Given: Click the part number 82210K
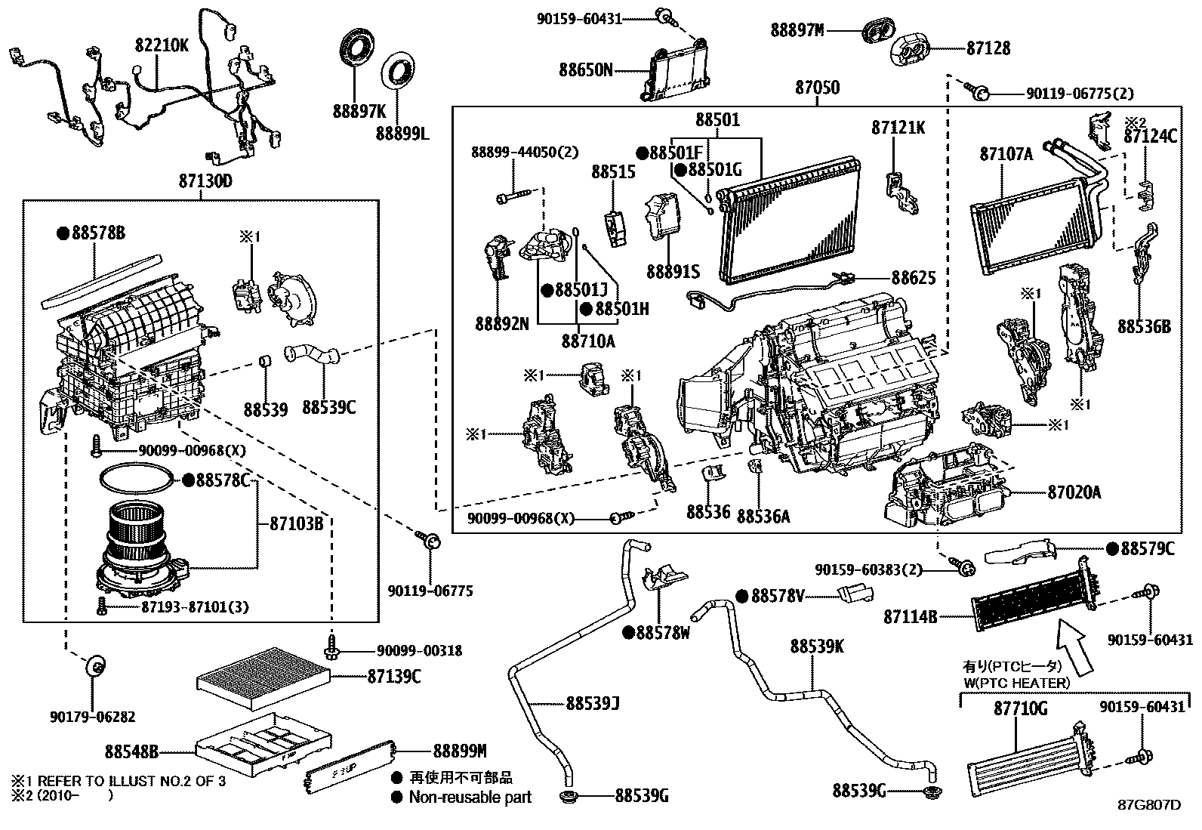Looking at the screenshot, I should [162, 45].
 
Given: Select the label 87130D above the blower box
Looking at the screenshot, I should [205, 181].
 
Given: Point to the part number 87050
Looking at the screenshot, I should [817, 88].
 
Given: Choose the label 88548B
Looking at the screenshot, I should [131, 751].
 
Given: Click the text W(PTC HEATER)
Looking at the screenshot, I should [1016, 683].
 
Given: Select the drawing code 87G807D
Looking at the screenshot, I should [1148, 804].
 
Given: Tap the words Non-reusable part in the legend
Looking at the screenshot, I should [470, 797].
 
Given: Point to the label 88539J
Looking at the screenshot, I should [593, 704].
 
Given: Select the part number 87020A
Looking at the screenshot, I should [1074, 493].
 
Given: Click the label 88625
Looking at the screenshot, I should [914, 278].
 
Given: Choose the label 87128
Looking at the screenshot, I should [988, 48].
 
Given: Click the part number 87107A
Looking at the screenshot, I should [1006, 154].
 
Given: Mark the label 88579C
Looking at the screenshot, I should [1148, 549].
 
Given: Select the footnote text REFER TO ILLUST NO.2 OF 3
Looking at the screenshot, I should [131, 781].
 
